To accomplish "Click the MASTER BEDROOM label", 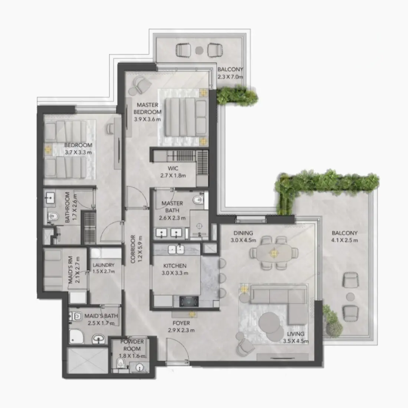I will (147, 108).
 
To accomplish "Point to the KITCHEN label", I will (175, 266).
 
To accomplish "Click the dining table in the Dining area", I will (274, 253).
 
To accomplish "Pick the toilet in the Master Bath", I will (198, 201).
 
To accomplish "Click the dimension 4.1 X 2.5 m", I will (345, 240).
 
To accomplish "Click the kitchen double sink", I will (177, 249).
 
